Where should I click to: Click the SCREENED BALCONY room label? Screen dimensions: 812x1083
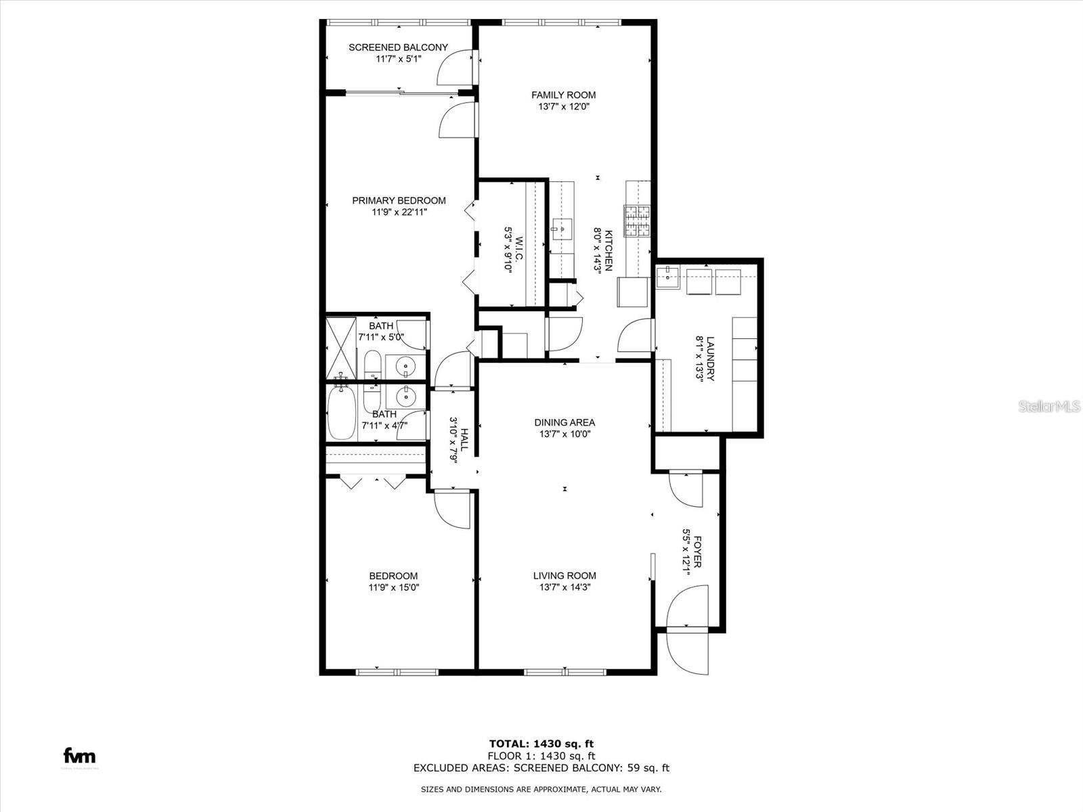(x=398, y=47)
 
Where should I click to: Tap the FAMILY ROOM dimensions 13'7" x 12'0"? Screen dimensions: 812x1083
(x=563, y=106)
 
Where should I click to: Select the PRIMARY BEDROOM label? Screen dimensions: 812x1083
(x=399, y=200)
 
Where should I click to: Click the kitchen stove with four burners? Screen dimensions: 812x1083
(x=637, y=221)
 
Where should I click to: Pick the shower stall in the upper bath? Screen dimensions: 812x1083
(x=341, y=347)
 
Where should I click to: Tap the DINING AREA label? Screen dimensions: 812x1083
(x=565, y=422)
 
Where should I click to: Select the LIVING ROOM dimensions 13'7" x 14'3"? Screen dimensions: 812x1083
(x=565, y=587)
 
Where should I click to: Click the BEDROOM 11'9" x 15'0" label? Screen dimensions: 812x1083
(x=394, y=576)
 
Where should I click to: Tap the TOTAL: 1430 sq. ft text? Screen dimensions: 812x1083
(x=541, y=743)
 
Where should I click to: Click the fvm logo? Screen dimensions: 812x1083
(x=79, y=756)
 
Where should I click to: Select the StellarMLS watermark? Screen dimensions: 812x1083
(x=1050, y=407)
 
